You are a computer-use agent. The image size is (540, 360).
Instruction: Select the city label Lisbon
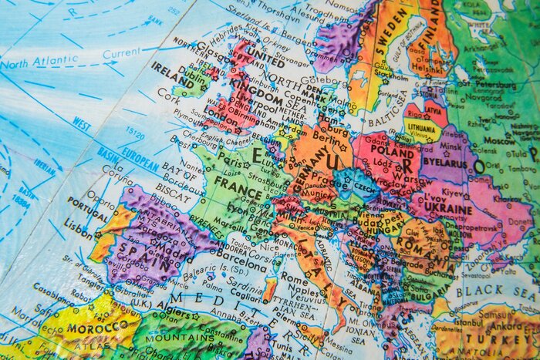point(79,230)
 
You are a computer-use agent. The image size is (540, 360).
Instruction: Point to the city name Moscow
point(499,141)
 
